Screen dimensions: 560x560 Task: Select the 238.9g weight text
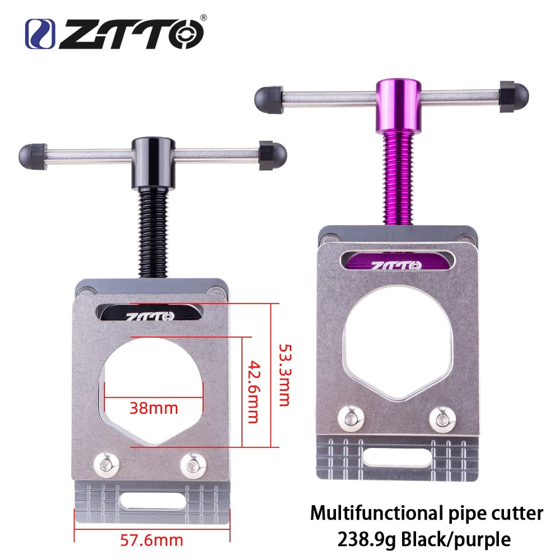coord(362,539)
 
